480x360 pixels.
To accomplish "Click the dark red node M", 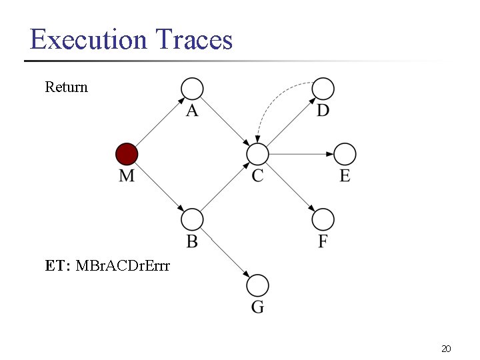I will tap(127, 154).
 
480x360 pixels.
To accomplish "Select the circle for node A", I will tap(192, 88).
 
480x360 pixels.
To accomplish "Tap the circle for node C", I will tap(257, 154).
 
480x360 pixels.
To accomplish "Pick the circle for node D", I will tap(323, 88).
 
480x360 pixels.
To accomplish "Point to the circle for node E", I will tap(345, 154).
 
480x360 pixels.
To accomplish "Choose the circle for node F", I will tap(323, 219).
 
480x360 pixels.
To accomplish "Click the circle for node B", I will tap(192, 219).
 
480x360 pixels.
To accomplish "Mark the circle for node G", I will tap(257, 285).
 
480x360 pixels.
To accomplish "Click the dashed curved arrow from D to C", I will tap(273, 100).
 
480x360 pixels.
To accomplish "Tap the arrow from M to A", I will tap(159, 121).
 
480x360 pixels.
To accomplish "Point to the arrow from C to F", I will tap(290, 187).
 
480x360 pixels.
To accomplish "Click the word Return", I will tap(66, 87).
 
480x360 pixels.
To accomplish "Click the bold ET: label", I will tap(58, 266).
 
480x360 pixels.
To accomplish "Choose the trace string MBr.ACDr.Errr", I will tap(123, 266).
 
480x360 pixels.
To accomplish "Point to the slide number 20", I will tap(446, 348).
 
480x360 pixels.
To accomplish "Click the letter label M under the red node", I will tap(127, 175).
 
